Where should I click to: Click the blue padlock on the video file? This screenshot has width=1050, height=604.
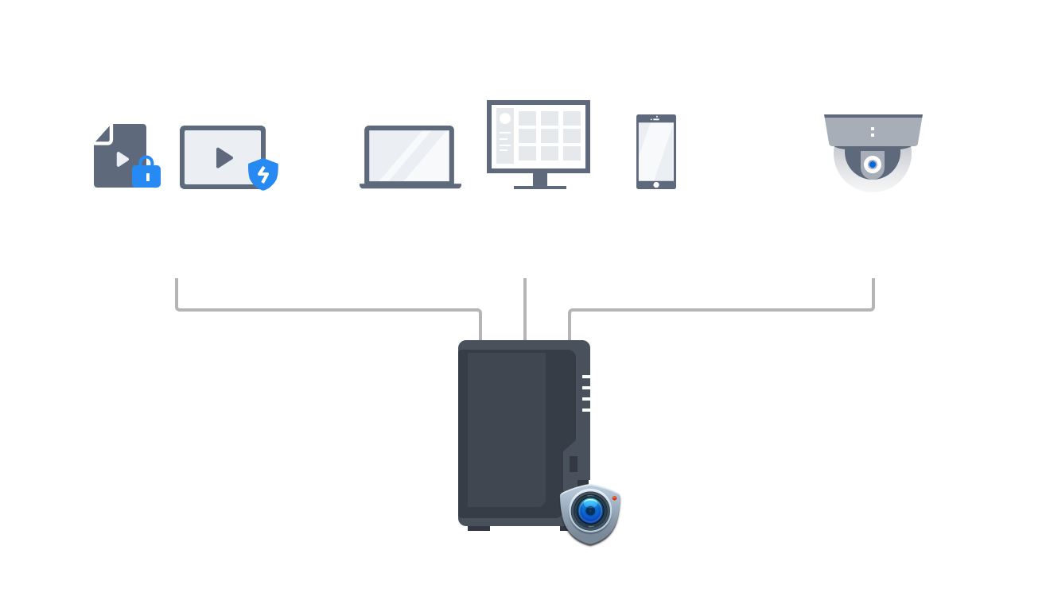(x=146, y=172)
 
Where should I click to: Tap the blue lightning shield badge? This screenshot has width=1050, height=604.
(x=263, y=174)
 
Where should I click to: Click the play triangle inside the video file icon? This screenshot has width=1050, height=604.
(x=122, y=159)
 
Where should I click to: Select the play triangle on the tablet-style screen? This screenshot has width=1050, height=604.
(x=224, y=157)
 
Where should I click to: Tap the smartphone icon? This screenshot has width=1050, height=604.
(x=655, y=151)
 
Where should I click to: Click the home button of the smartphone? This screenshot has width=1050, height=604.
(x=655, y=184)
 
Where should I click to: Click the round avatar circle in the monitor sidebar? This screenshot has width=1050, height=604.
(x=504, y=118)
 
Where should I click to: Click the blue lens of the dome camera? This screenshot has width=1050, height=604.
(x=873, y=165)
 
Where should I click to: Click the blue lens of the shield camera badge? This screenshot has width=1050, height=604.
(x=589, y=510)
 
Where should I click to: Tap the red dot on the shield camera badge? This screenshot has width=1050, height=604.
(x=614, y=498)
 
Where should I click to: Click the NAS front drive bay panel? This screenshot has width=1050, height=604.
(x=506, y=429)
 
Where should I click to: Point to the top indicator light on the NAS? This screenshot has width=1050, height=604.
(x=586, y=377)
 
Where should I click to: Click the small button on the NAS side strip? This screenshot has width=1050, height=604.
(x=573, y=463)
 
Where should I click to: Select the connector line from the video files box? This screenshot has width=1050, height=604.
(x=318, y=309)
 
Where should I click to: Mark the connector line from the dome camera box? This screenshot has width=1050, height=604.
(x=716, y=309)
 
